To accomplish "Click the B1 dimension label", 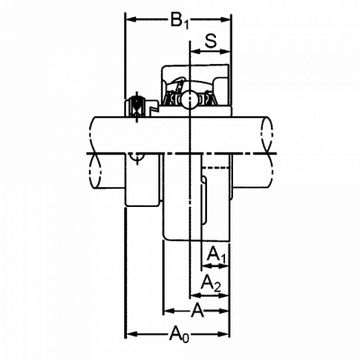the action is [x=180, y=21].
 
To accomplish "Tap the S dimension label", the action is [x=211, y=41].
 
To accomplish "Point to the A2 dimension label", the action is [x=211, y=283].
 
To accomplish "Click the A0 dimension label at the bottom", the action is [x=180, y=335].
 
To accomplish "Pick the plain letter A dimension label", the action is [x=197, y=310].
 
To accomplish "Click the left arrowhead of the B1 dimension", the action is [x=131, y=20].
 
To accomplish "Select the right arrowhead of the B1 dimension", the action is [x=225, y=20].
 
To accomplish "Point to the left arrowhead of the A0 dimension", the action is [x=132, y=334].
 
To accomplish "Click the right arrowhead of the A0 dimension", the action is [x=223, y=334].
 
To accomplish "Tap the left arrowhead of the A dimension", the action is [x=170, y=310].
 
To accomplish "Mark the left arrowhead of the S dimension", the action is [x=196, y=51].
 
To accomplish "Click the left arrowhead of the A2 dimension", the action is [x=196, y=295].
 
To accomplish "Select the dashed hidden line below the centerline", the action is [x=215, y=167].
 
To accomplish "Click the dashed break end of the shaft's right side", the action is [x=268, y=150].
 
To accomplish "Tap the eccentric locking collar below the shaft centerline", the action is [x=142, y=180].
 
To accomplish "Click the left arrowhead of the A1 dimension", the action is [x=208, y=265].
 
